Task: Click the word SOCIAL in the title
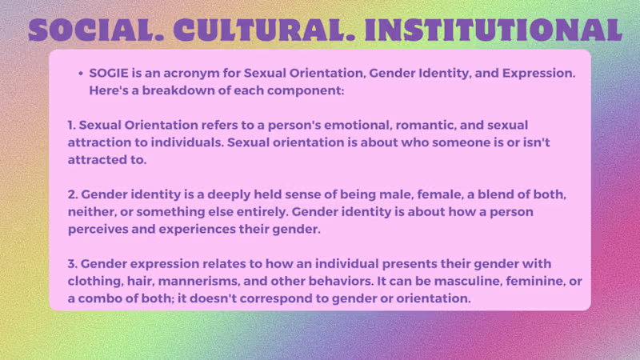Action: [x=96, y=30]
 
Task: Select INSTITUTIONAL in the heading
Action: [x=494, y=30]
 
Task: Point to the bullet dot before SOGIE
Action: [x=81, y=74]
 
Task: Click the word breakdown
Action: [x=178, y=90]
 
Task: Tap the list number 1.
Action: [x=71, y=125]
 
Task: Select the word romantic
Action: [x=425, y=126]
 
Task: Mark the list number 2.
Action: [x=73, y=194]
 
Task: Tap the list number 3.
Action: [x=73, y=264]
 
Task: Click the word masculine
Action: [x=474, y=281]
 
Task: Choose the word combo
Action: [x=99, y=298]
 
